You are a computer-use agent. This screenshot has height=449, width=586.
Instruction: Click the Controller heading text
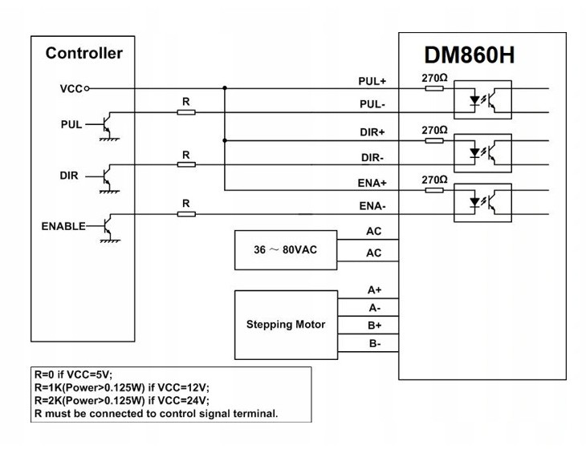[x=84, y=54]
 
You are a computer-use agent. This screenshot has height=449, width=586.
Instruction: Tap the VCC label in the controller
[x=71, y=88]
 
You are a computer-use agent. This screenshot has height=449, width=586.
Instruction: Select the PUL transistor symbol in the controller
[x=104, y=126]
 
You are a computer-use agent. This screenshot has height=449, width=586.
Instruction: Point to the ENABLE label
[x=63, y=226]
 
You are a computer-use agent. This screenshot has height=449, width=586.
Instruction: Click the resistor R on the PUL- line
[x=186, y=112]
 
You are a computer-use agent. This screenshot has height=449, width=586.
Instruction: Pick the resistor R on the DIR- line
[x=186, y=164]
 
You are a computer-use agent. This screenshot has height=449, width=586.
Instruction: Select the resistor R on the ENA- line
[x=186, y=214]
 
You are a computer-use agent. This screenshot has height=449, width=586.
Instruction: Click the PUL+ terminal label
[x=372, y=81]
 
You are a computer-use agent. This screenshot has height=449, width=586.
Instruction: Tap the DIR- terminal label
[x=373, y=156]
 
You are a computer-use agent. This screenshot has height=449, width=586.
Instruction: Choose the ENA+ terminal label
[x=372, y=183]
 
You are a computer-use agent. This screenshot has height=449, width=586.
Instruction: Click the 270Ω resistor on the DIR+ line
[x=434, y=140]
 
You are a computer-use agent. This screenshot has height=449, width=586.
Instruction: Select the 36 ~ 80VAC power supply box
[x=285, y=249]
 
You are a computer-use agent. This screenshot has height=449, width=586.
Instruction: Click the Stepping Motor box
[x=285, y=325]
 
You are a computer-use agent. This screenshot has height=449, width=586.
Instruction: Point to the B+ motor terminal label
[x=374, y=326]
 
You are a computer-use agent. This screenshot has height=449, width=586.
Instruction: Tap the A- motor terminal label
[x=374, y=308]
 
